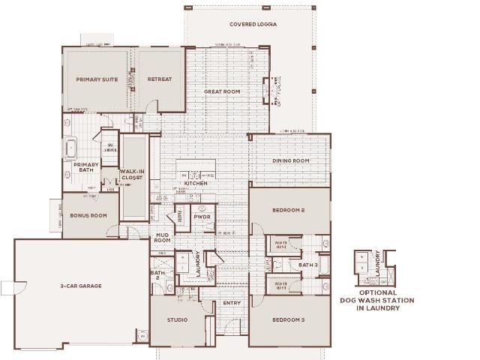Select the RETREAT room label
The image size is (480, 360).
[159, 79]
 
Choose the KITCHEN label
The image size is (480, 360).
[196, 183]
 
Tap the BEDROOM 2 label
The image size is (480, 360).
[287, 211]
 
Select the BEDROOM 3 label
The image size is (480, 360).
[287, 319]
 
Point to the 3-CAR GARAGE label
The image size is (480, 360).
[81, 286]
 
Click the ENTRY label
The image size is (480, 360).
[231, 303]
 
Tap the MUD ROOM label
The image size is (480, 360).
[163, 238]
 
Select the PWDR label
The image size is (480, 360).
[201, 217]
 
